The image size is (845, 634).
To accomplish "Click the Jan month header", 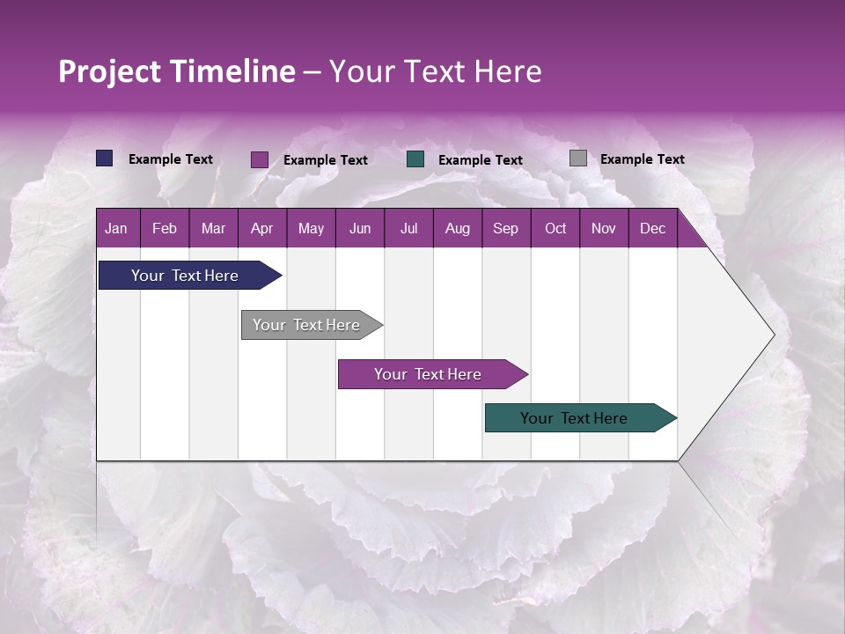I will tap(116, 228).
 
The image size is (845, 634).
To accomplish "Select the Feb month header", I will tap(165, 228).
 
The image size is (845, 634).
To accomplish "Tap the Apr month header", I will tap(261, 228).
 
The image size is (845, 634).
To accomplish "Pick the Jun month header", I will tap(359, 228).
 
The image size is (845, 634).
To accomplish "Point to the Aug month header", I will tap(457, 228).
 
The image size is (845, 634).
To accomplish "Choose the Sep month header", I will tap(505, 228).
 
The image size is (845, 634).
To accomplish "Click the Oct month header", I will tap(555, 228).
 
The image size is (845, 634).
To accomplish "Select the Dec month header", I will tap(652, 228).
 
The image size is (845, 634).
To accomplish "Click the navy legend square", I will tap(105, 158).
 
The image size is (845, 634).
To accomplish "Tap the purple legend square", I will tap(260, 159).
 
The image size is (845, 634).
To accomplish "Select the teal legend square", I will tap(415, 159).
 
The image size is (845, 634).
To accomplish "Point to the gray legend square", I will tap(578, 158).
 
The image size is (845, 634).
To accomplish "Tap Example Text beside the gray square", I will tap(642, 159).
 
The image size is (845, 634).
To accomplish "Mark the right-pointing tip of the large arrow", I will tap(774, 334).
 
